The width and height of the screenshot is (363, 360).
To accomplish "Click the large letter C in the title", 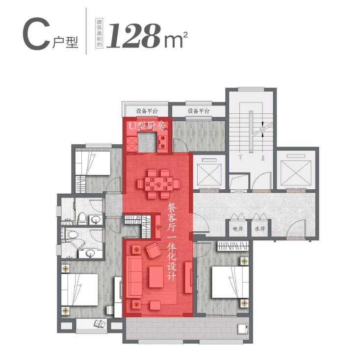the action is [x=36, y=35].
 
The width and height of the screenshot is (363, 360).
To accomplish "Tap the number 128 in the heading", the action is [x=133, y=36].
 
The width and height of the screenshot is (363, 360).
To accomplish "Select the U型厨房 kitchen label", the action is [x=147, y=126].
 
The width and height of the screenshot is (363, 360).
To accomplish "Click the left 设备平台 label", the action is [x=147, y=111].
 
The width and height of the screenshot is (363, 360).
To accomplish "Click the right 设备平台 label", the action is [x=198, y=111].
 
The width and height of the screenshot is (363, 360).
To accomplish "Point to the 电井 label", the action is [x=238, y=229].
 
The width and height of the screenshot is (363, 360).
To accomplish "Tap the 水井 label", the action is [x=260, y=229].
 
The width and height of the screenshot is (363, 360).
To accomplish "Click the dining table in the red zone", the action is [x=159, y=184].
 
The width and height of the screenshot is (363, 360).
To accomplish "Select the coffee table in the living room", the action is [x=156, y=277].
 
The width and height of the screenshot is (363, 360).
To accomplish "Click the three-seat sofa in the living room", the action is [x=134, y=277].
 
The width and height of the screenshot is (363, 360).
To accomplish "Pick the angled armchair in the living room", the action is [x=153, y=250].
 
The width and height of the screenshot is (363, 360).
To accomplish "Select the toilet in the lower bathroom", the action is [x=72, y=234].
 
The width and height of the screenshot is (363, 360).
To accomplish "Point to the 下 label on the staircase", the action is [x=240, y=158].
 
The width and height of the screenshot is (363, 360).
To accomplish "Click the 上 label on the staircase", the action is [x=263, y=158].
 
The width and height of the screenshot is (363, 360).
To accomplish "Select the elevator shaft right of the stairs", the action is [x=296, y=171].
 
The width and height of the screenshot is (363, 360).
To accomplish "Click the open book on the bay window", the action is [x=100, y=323].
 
